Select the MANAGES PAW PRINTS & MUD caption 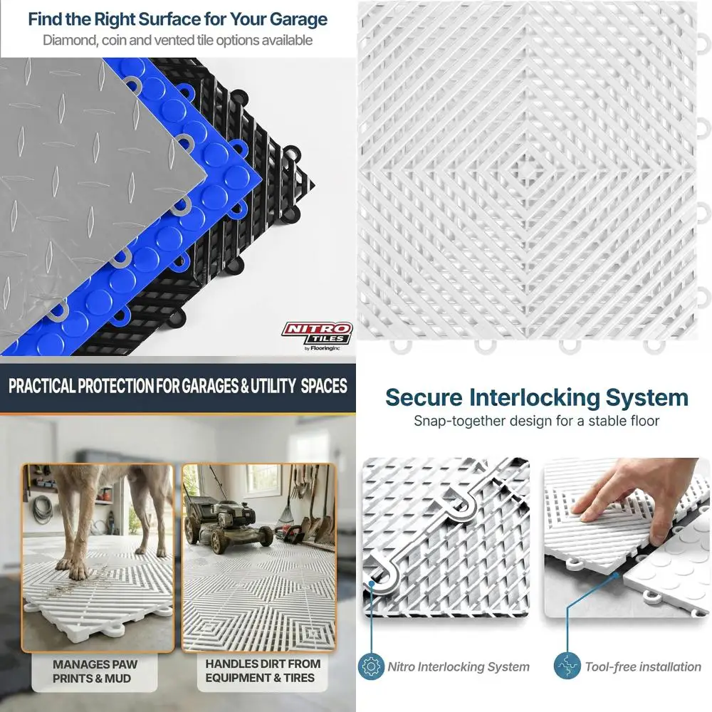95,671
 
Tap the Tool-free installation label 643,667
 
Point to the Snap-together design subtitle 536,421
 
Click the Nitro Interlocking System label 459,667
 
